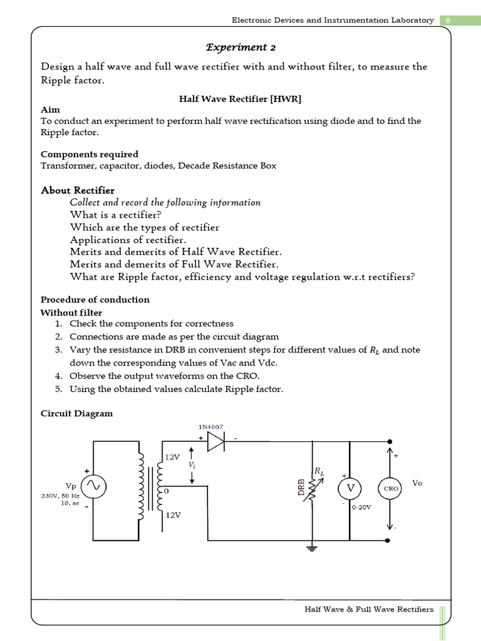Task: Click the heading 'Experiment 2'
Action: point(241,48)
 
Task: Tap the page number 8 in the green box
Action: point(448,20)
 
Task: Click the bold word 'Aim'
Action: point(50,110)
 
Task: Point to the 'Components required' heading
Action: point(90,154)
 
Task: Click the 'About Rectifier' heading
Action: point(78,190)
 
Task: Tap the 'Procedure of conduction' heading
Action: point(95,300)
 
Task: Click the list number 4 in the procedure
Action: point(58,376)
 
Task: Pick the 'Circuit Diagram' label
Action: point(77,414)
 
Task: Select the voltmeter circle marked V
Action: point(351,488)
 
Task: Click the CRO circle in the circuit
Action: point(390,488)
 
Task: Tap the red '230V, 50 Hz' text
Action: point(60,495)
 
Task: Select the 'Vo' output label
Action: point(418,483)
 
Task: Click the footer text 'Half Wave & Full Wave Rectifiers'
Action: point(369,609)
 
